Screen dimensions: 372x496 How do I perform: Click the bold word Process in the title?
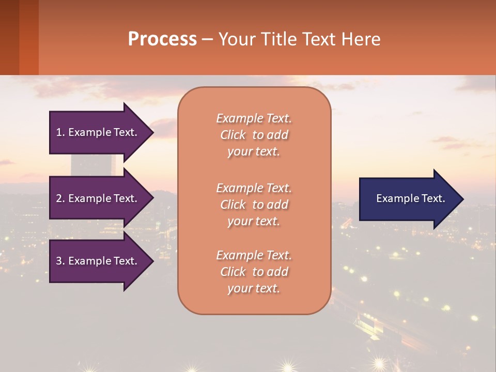pos(162,39)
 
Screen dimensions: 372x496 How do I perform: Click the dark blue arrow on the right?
pos(408,199)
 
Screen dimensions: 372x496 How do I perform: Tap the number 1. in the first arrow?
pos(60,132)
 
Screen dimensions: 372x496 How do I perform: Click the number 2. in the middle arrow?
pos(60,198)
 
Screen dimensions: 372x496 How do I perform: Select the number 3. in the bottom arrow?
pos(60,261)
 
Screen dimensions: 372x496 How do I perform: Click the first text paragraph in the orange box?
pos(254,135)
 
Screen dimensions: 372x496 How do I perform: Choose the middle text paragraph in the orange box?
pos(254,205)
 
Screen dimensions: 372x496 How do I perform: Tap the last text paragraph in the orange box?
pos(254,272)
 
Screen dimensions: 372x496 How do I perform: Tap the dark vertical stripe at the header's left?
pos(9,37)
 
